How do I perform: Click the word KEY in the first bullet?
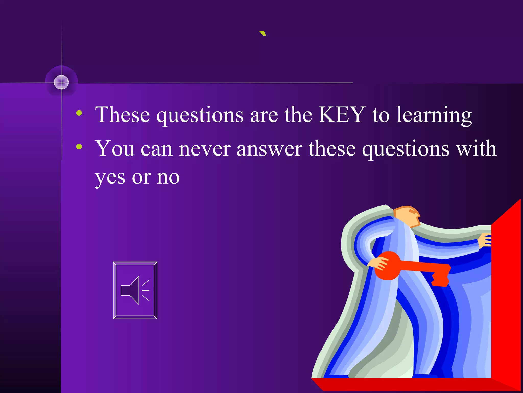pos(342,115)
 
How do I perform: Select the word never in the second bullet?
pos(205,149)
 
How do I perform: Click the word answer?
pos(269,149)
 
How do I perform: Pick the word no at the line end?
pos(168,178)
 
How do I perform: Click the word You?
pos(115,149)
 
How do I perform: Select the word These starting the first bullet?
pos(122,115)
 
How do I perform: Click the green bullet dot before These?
pos(79,113)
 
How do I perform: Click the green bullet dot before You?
pos(79,147)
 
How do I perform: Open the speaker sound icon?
pos(135,290)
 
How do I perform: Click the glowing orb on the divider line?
pos(62,82)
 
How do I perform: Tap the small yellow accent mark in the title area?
pos(263,33)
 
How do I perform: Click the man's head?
pos(407,216)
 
